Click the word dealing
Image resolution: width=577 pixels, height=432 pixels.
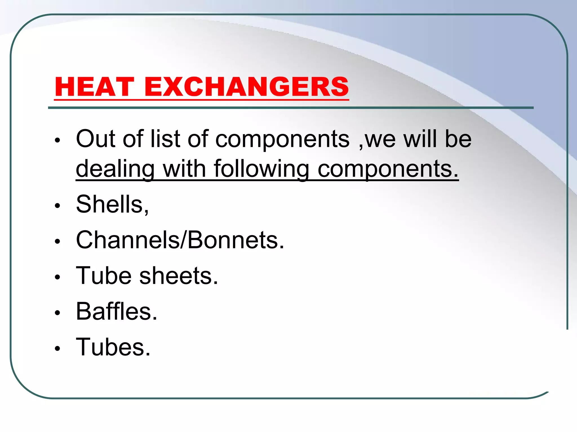click(x=115, y=169)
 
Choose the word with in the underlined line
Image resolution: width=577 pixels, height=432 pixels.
click(x=184, y=169)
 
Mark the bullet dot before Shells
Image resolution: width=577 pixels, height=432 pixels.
click(x=58, y=206)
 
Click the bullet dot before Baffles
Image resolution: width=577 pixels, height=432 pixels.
click(x=58, y=313)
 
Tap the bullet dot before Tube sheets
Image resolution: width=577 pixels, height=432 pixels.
click(x=58, y=277)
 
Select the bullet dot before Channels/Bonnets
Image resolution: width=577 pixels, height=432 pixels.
click(x=58, y=241)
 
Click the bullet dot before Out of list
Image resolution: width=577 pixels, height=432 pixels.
click(x=58, y=140)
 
